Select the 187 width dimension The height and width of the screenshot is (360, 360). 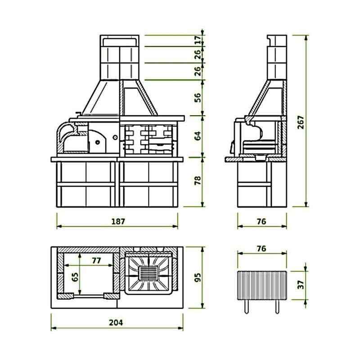[118, 221]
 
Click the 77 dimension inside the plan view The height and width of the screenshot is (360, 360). [96, 260]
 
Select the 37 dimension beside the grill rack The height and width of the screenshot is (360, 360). [301, 285]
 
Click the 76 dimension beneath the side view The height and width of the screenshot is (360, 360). [261, 221]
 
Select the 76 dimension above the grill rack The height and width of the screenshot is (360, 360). [261, 248]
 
